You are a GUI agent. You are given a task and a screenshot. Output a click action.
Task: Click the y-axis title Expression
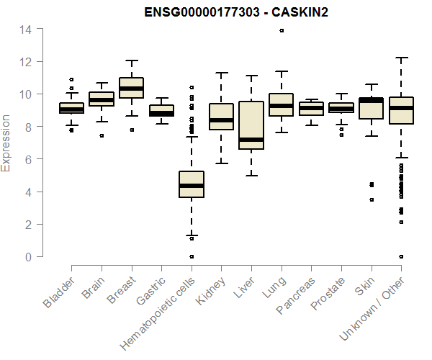tap(6, 143)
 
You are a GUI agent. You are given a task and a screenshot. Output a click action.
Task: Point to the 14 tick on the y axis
tap(26, 29)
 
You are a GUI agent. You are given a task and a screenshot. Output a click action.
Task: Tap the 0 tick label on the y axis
tap(29, 257)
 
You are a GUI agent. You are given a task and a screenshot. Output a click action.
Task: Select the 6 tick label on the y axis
tap(29, 159)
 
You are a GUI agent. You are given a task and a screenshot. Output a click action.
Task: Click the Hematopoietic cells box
tap(192, 184)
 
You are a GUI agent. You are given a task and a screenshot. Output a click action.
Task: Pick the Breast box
tap(132, 87)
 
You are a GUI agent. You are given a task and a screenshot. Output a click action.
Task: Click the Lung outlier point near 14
tap(282, 30)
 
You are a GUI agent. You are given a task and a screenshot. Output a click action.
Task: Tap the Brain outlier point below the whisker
tap(102, 135)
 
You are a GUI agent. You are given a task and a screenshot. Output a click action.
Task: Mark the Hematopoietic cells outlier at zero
tap(192, 256)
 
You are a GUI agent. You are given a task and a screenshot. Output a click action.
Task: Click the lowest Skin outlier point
tap(372, 199)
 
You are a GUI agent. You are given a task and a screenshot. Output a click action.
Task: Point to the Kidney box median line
tap(222, 120)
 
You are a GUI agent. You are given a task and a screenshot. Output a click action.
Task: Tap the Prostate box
tap(341, 108)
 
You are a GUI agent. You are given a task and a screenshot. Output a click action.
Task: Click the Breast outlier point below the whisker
tap(132, 130)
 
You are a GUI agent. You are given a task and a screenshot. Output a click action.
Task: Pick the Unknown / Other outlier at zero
tap(401, 256)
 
